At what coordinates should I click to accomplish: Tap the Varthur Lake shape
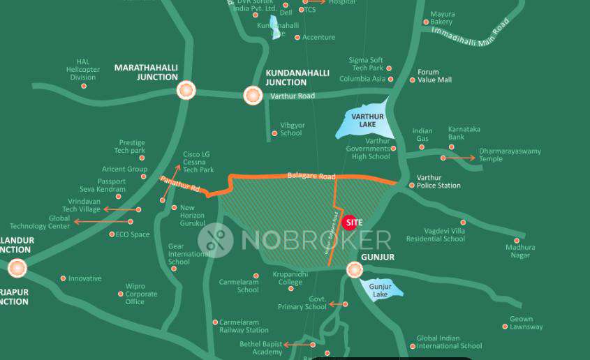363,123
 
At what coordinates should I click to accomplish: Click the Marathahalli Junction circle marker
186,90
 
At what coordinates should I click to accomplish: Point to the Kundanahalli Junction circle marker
253,95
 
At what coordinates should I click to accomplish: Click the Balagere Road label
311,176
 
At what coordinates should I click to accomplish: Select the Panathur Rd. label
180,186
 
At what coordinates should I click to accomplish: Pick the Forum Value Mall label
434,76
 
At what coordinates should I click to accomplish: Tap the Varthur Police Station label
438,181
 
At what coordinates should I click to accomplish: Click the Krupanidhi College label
290,278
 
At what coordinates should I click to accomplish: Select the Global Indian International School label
449,342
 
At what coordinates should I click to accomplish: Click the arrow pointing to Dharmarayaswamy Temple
459,158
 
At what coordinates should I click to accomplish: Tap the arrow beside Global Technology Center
92,222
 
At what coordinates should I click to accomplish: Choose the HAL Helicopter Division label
83,69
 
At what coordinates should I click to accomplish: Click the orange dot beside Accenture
297,38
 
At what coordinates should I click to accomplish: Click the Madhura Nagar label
521,251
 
